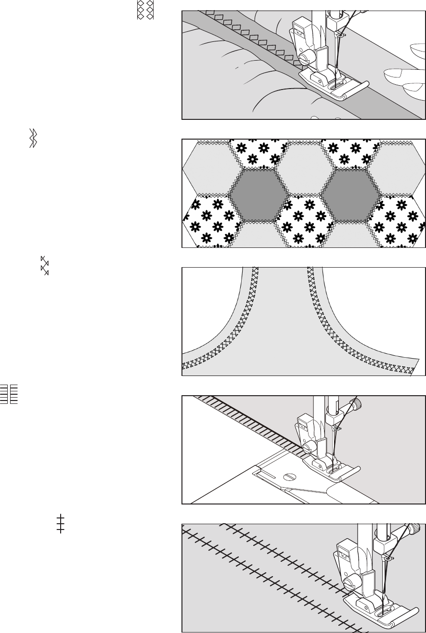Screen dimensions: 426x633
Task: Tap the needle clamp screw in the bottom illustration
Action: tap(412, 530)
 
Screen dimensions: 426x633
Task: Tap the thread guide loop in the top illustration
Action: tap(341, 35)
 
